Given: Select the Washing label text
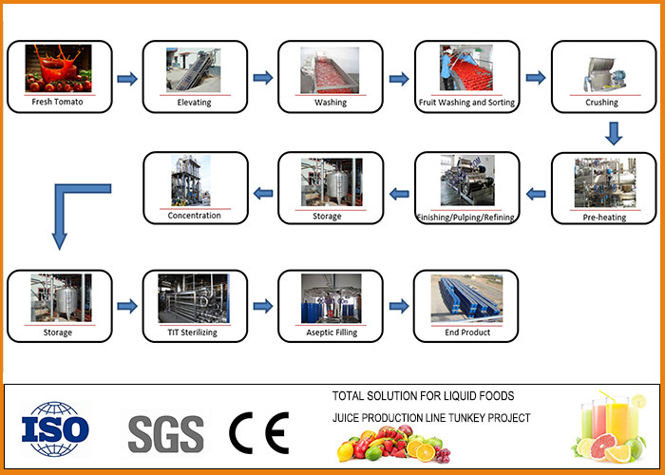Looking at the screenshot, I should tap(331, 102).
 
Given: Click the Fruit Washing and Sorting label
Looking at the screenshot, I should tap(466, 102).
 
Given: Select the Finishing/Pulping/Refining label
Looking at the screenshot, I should tap(466, 218).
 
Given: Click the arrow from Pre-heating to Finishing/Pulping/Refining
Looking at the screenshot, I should tap(536, 193).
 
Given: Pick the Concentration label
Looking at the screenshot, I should tap(194, 216).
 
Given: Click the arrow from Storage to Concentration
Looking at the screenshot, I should tap(262, 193).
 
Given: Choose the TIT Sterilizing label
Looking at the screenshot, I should tap(194, 333).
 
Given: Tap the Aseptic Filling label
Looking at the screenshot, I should tap(331, 333).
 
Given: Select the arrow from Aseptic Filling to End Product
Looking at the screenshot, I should tap(399, 307).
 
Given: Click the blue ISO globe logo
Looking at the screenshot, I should tap(55, 427).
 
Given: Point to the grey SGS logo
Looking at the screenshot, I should tap(165, 433).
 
